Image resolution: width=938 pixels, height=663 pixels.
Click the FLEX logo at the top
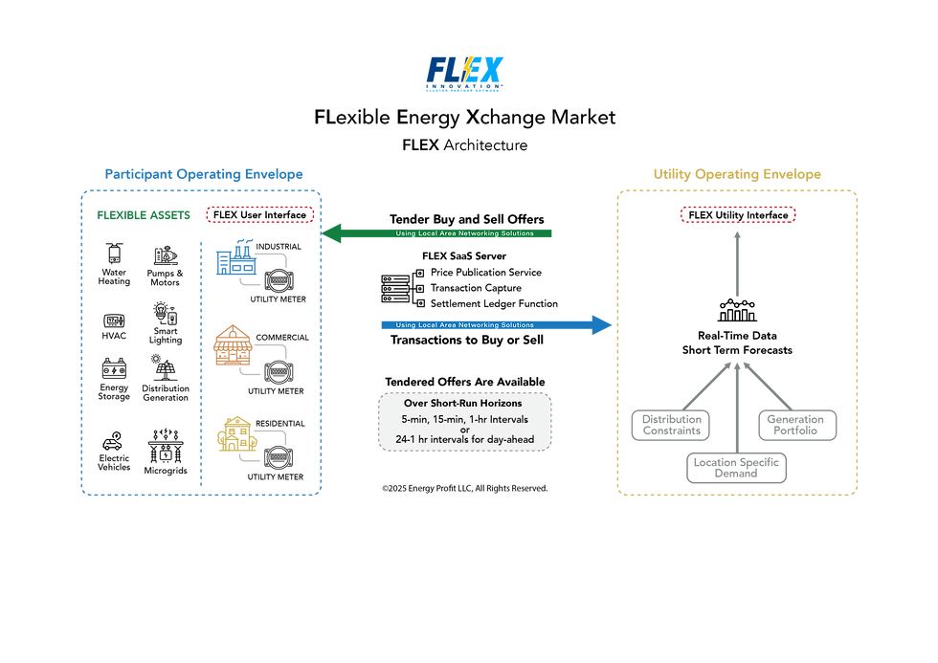(x=465, y=75)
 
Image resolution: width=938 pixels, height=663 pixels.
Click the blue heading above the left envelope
(x=203, y=175)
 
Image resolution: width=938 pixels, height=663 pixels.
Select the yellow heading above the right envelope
(x=737, y=175)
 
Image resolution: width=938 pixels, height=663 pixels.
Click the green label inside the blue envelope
(x=144, y=214)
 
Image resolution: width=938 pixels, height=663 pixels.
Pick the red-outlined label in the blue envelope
(x=260, y=214)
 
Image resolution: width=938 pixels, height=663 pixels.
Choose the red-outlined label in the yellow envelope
(x=738, y=214)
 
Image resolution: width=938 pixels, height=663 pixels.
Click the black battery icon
(x=115, y=368)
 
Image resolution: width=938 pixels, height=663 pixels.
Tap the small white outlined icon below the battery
(x=112, y=443)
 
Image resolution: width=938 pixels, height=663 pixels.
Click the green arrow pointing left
(x=439, y=233)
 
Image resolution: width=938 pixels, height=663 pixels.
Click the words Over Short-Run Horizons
(x=464, y=404)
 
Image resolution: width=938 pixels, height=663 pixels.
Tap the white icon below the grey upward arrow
(x=737, y=310)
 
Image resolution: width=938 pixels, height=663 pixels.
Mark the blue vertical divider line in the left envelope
(x=200, y=364)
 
